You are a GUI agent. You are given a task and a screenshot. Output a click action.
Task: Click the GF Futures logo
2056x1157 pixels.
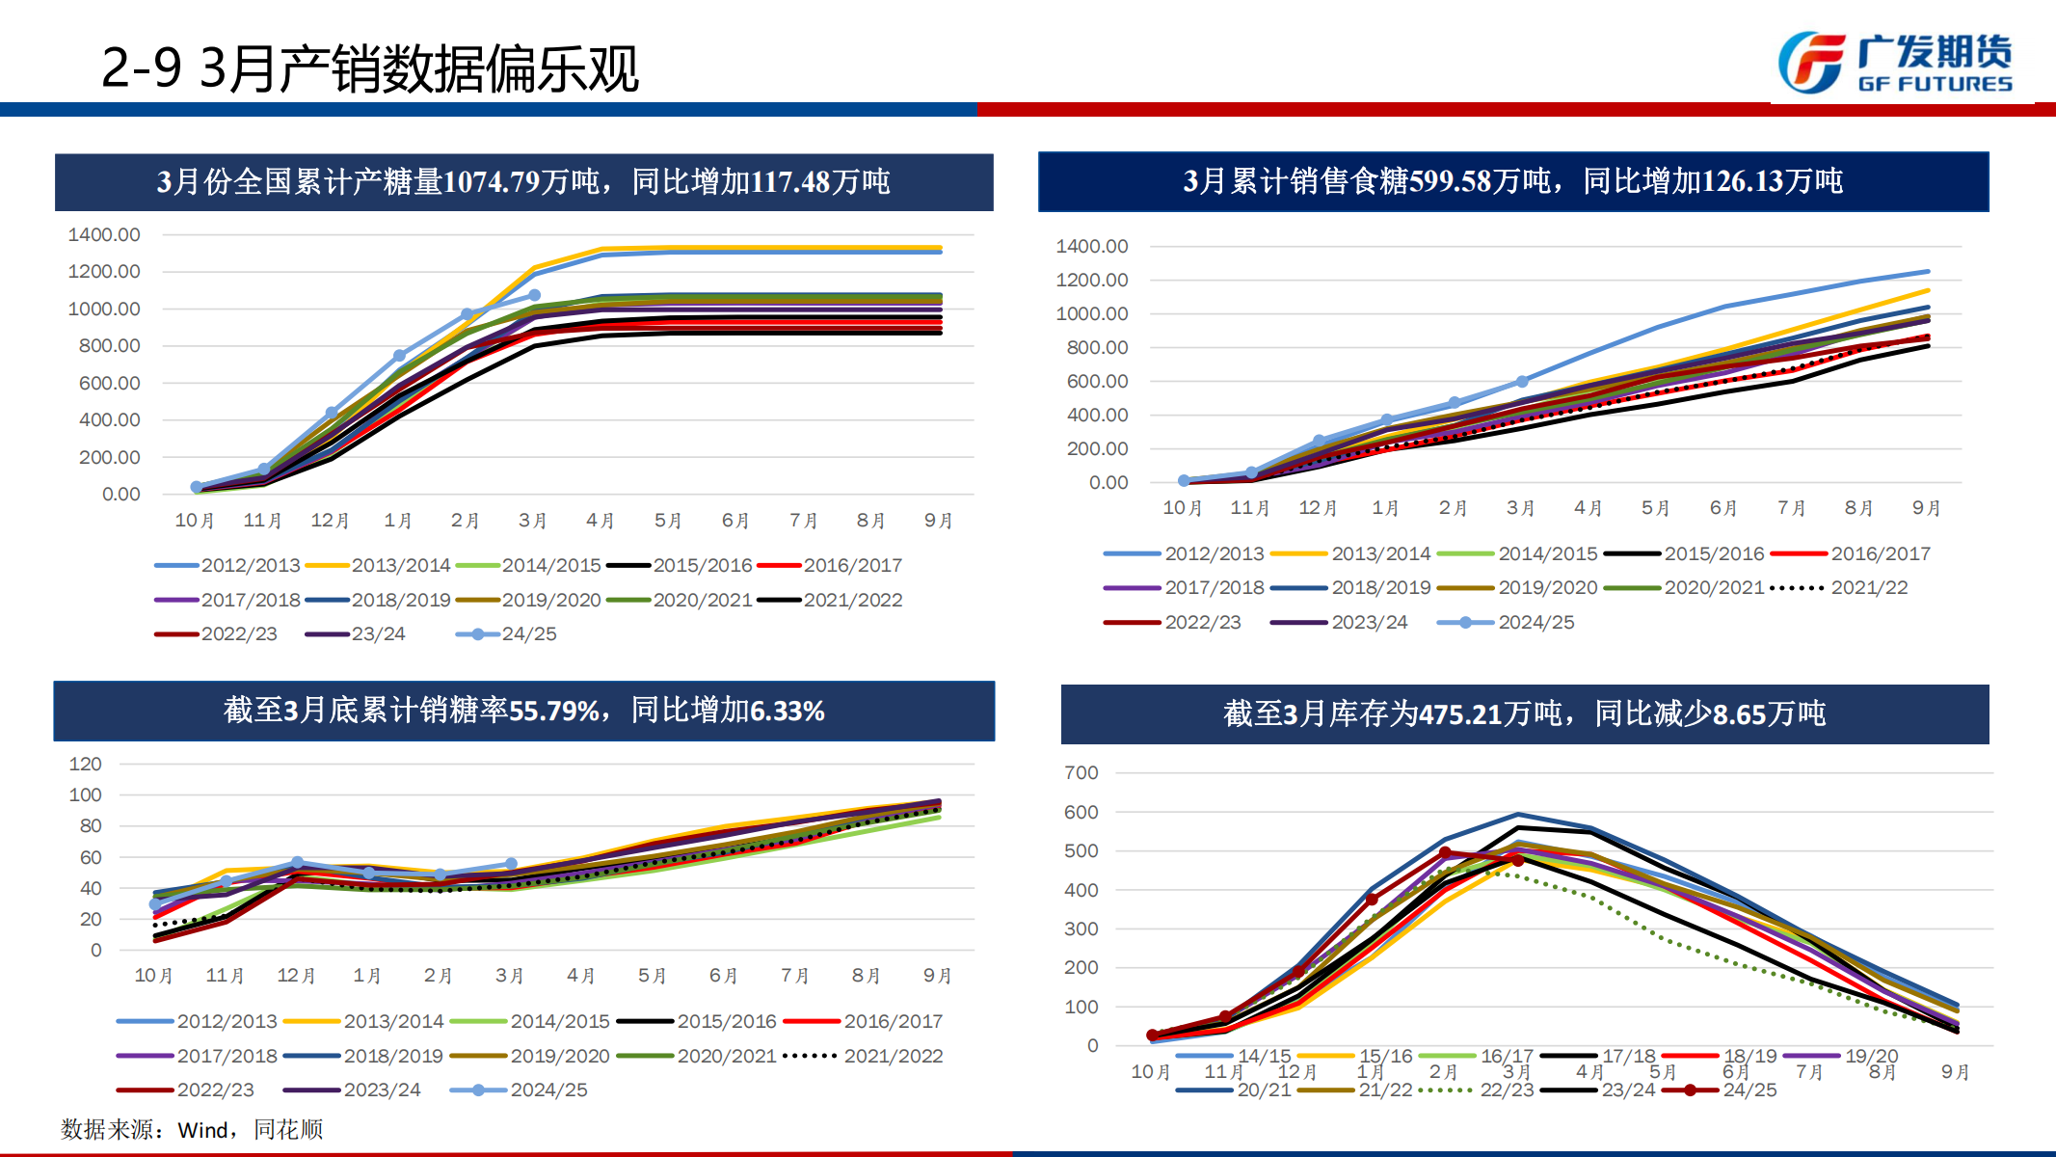[x=1894, y=64]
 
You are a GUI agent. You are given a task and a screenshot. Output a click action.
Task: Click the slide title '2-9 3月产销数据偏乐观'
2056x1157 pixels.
[x=369, y=69]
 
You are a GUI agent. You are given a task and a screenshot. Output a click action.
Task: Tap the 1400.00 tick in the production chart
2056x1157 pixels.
[x=104, y=234]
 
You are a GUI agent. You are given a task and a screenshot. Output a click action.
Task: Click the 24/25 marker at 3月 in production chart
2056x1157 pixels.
[x=535, y=295]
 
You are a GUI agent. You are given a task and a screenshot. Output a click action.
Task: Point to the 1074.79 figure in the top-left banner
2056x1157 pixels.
[x=491, y=181]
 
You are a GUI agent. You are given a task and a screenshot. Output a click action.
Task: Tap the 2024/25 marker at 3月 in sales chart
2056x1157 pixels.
[x=1522, y=382]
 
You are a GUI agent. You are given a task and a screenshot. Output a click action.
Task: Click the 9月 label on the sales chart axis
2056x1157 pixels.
[x=1926, y=507]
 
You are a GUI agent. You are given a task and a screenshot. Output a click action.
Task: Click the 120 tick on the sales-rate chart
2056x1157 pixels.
[x=85, y=764]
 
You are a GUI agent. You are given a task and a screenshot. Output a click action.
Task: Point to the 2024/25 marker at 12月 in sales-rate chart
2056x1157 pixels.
[x=297, y=863]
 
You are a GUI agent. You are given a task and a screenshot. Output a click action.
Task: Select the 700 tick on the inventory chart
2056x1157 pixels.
[x=1081, y=772]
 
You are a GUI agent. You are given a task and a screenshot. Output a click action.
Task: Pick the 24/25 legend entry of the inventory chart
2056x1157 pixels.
[x=1749, y=1090]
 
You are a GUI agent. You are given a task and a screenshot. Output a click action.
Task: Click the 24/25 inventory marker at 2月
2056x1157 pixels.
[x=1445, y=853]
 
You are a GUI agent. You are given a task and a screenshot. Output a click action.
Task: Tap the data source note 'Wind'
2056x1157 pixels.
[x=202, y=1129]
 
